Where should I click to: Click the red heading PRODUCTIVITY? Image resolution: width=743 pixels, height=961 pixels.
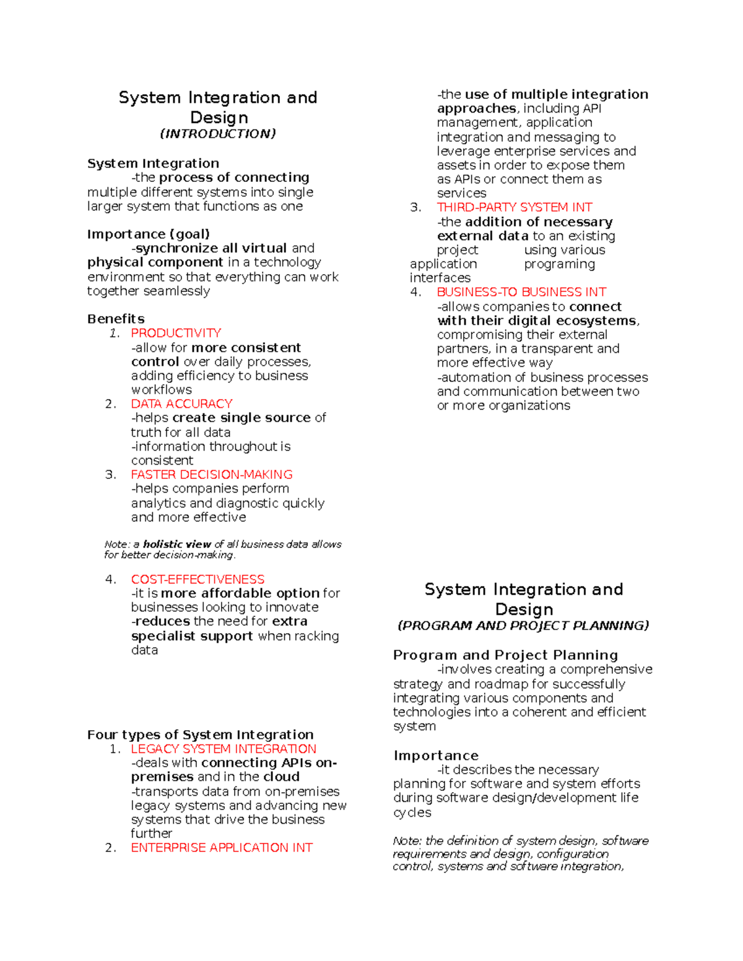(x=176, y=333)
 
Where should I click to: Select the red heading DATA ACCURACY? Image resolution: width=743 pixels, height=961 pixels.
(x=181, y=403)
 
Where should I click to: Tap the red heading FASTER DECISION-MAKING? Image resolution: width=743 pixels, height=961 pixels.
(x=212, y=475)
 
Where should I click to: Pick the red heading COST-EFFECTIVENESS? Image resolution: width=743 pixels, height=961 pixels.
(x=198, y=579)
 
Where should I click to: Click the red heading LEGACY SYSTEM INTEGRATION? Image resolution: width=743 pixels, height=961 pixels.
(x=224, y=749)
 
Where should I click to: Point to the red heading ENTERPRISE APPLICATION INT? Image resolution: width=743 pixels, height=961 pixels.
(x=222, y=848)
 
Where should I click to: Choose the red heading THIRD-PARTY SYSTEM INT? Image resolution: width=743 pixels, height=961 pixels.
(x=515, y=207)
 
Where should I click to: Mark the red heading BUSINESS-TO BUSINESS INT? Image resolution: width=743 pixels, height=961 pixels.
(x=521, y=292)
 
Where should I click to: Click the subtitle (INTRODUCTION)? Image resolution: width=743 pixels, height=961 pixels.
(x=218, y=134)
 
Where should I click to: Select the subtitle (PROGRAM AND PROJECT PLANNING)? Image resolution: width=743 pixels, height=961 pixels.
(x=523, y=626)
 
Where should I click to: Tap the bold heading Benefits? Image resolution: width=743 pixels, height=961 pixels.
(x=116, y=319)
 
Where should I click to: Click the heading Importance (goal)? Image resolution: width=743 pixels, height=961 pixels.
(x=149, y=234)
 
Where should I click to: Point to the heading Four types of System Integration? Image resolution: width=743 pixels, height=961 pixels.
(x=201, y=735)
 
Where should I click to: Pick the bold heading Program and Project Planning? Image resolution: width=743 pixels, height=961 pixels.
(x=505, y=655)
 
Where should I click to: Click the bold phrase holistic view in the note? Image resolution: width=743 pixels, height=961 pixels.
(x=177, y=545)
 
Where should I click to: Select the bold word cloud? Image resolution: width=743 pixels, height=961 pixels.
(x=281, y=777)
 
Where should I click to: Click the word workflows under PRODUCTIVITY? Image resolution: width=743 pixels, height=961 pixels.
(x=162, y=390)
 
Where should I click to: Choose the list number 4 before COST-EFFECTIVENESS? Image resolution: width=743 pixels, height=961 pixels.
(x=110, y=579)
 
